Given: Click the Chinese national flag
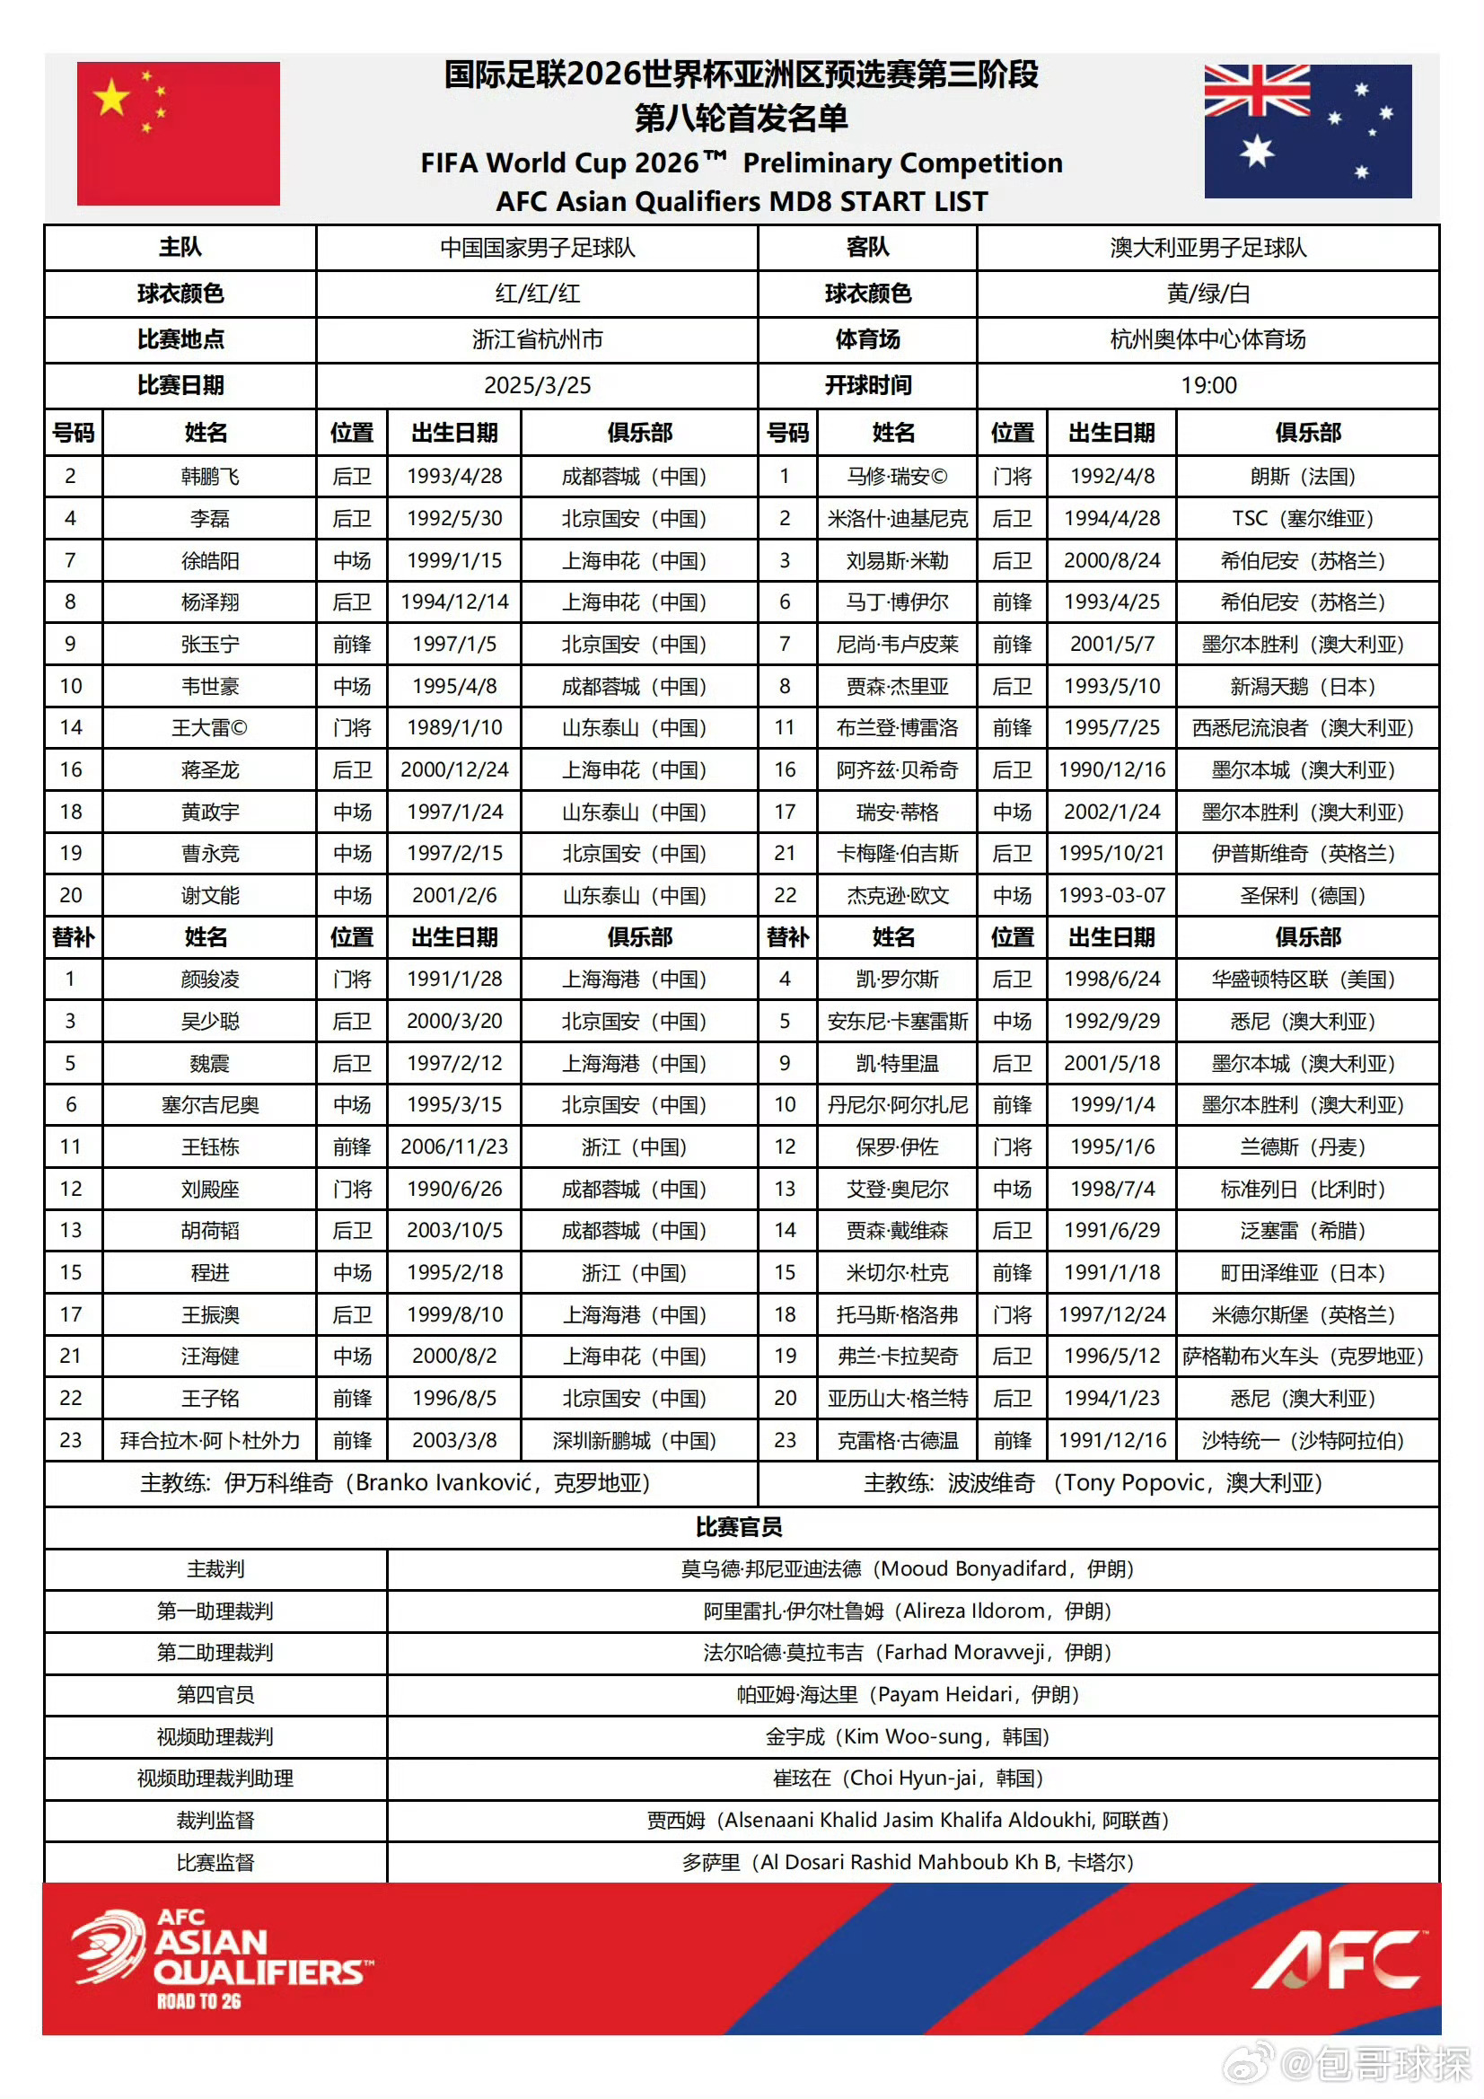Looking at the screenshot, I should pyautogui.click(x=179, y=134).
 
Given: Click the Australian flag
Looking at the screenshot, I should pyautogui.click(x=1307, y=132).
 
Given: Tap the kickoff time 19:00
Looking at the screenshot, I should pyautogui.click(x=1207, y=386).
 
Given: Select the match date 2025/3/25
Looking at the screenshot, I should pyautogui.click(x=537, y=386).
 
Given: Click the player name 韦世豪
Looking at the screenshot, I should pyautogui.click(x=209, y=687).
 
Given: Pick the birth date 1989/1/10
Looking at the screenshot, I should pyautogui.click(x=453, y=728).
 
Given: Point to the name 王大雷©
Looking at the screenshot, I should pyautogui.click(x=209, y=729).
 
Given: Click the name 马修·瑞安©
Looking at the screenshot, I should pyautogui.click(x=896, y=477).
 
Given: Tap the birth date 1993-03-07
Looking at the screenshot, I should pyautogui.click(x=1111, y=896).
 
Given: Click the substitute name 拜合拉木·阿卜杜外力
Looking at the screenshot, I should pyautogui.click(x=209, y=1441).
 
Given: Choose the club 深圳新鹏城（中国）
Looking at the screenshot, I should pyautogui.click(x=635, y=1441).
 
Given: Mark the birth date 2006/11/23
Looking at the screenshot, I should pyautogui.click(x=453, y=1147).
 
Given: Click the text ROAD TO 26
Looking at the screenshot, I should pyautogui.click(x=198, y=2001).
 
